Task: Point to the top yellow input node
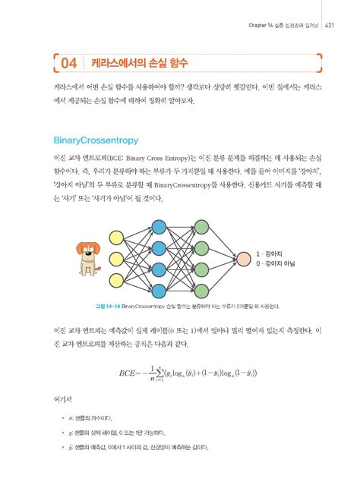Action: tap(117, 235)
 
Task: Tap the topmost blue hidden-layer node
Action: tap(159, 226)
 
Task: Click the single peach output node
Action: tap(243, 258)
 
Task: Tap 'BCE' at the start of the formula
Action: tap(131, 373)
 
